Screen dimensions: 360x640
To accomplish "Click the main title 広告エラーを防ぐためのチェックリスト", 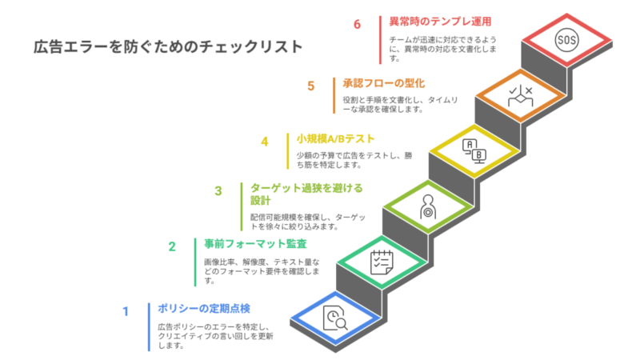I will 168,47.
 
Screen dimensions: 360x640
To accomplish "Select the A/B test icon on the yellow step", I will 472,150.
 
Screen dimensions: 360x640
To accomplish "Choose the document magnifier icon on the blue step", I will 335,318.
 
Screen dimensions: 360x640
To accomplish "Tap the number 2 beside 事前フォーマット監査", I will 171,247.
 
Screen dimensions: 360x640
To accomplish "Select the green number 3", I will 218,191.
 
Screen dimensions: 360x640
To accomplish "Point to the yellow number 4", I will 263,142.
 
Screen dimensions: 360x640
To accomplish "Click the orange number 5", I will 310,85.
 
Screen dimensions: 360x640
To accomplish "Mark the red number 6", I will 358,23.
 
